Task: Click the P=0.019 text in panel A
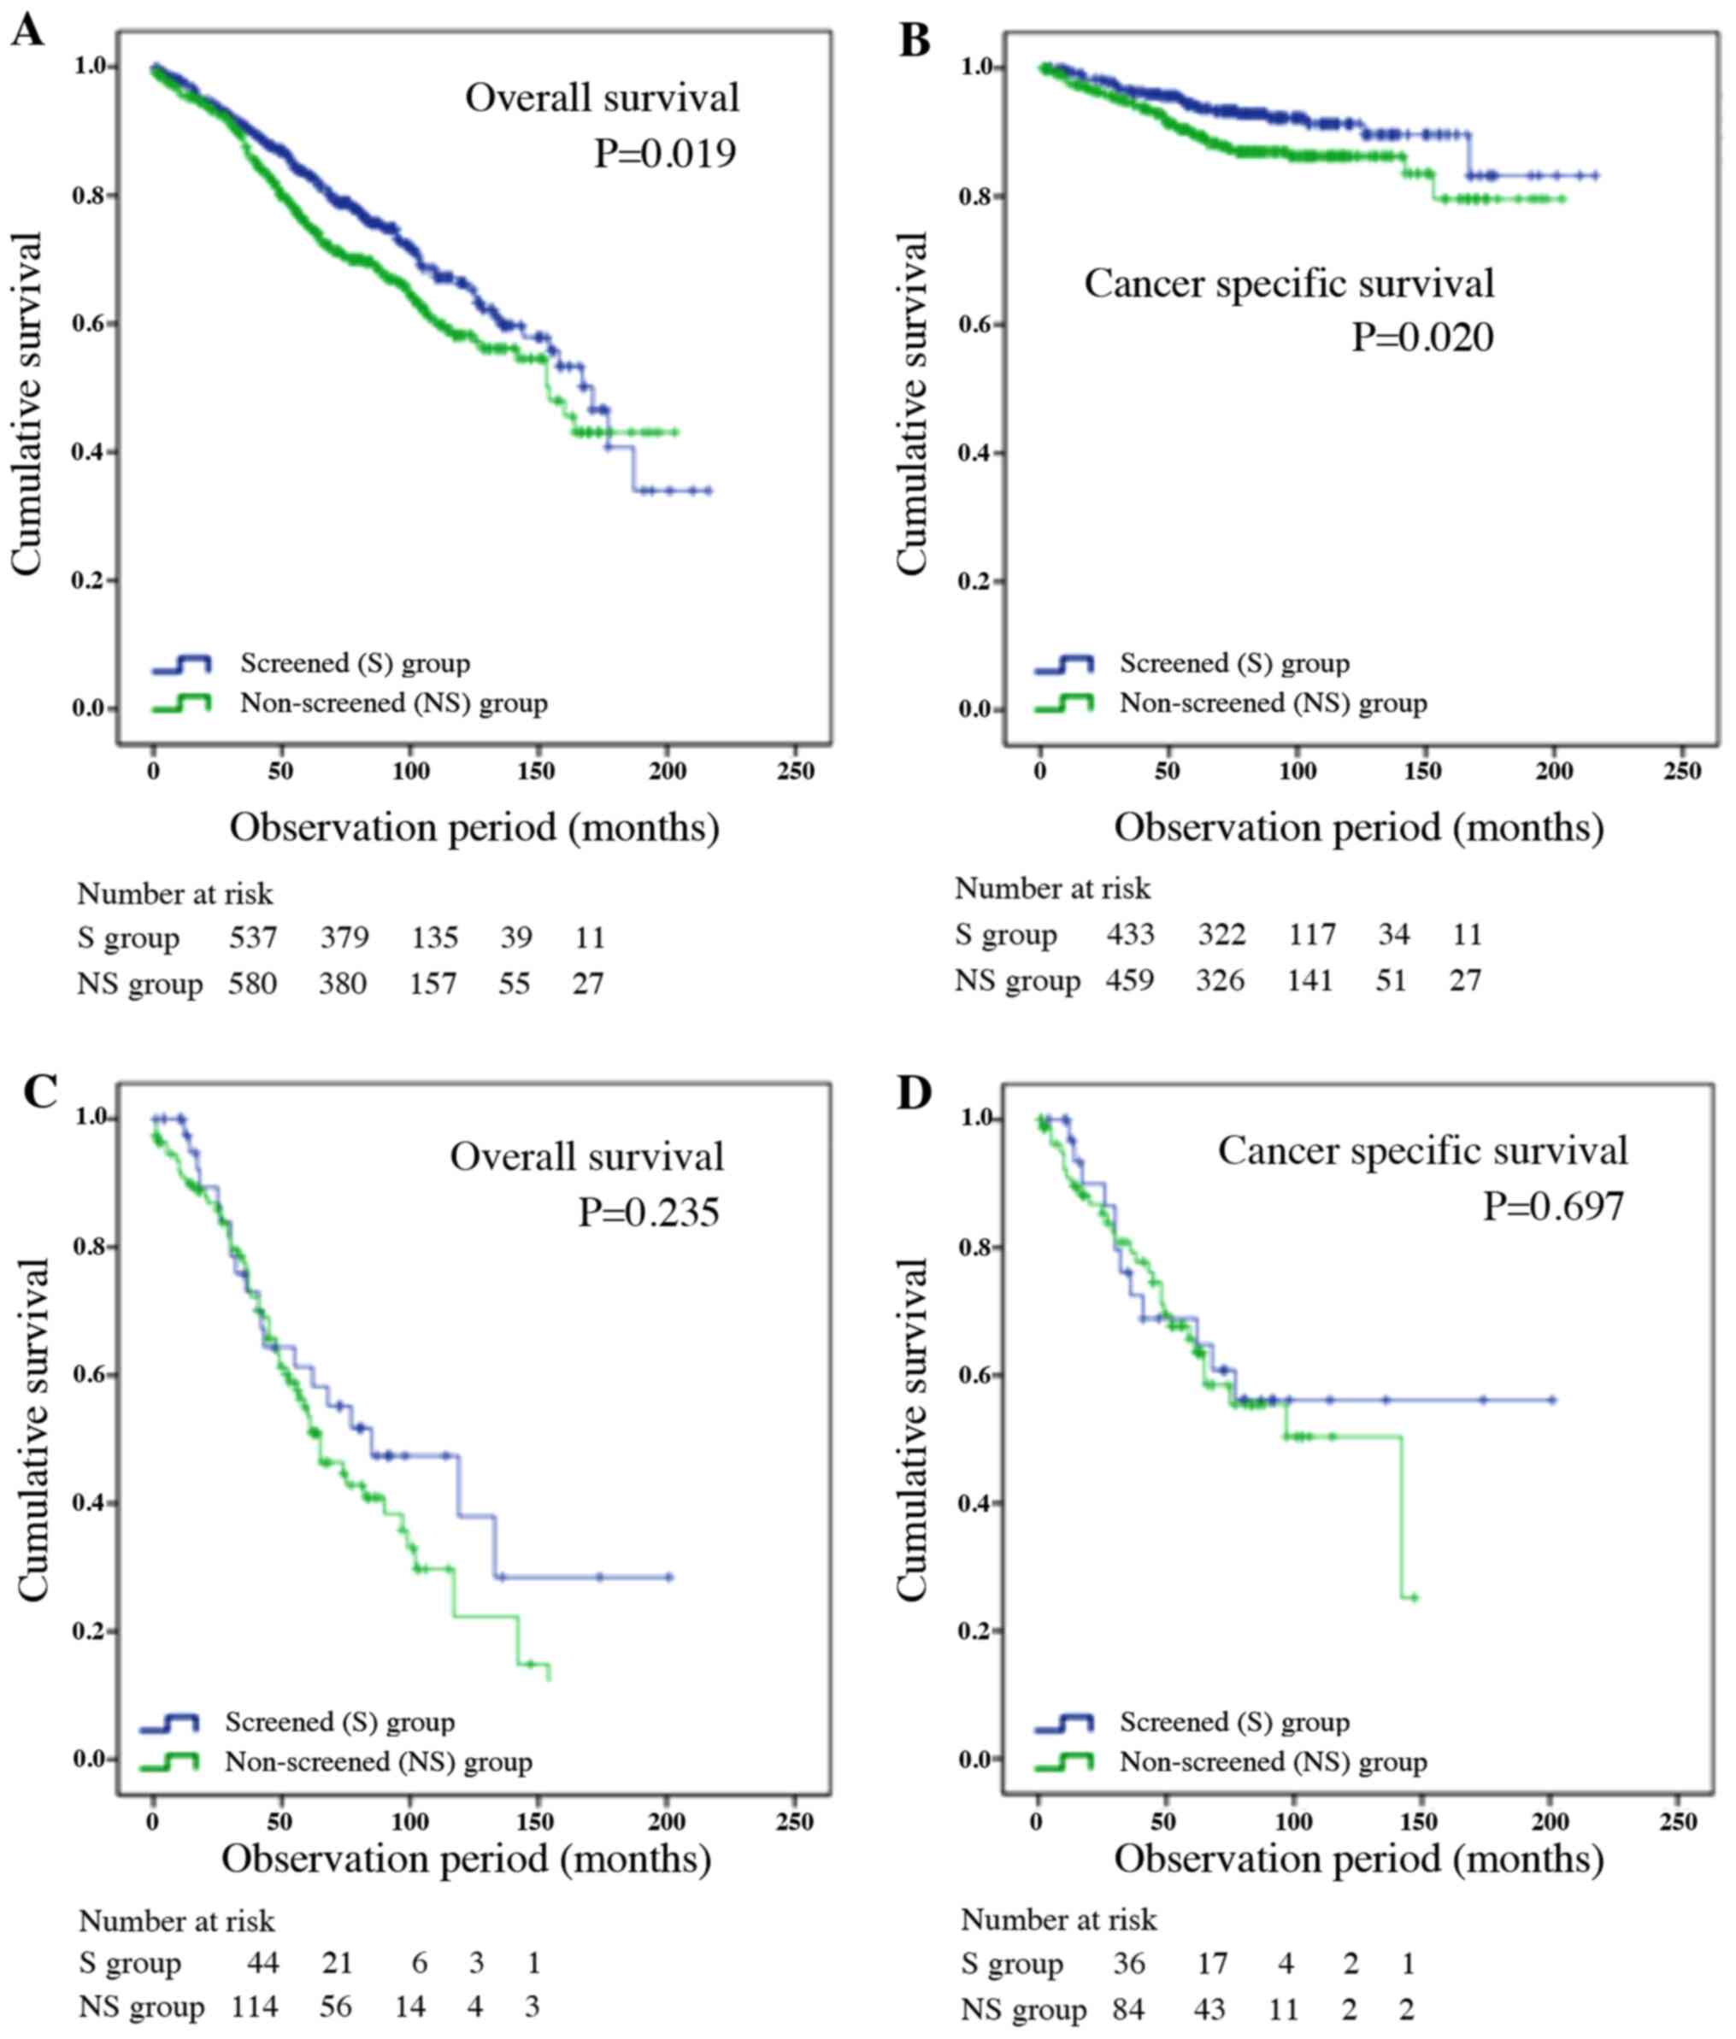coord(665,154)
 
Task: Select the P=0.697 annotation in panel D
coord(1553,1207)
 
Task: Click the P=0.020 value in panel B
coord(1422,338)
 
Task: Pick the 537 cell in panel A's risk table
coord(253,937)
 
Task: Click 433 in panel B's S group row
coord(1130,934)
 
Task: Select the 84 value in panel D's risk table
coord(1129,2008)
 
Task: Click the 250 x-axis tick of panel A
coord(795,772)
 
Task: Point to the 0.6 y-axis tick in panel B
coord(974,325)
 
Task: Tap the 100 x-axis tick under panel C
coord(410,1822)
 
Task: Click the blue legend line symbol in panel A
coord(181,665)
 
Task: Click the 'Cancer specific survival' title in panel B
coord(1288,285)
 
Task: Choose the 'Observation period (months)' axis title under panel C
coord(466,1859)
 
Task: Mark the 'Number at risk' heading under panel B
coord(1052,889)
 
